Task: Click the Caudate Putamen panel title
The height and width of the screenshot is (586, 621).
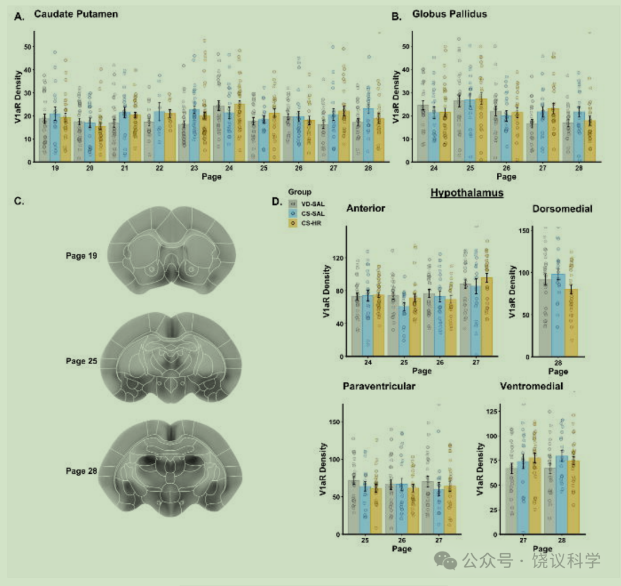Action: pyautogui.click(x=76, y=14)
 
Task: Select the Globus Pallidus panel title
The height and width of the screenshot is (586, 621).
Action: pyautogui.click(x=450, y=14)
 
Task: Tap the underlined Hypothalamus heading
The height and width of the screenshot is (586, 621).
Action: pyautogui.click(x=467, y=193)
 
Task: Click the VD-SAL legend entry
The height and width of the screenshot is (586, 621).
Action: pyautogui.click(x=306, y=204)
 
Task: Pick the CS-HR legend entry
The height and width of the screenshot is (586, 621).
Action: pyautogui.click(x=305, y=223)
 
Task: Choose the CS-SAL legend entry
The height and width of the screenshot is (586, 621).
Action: pyautogui.click(x=306, y=213)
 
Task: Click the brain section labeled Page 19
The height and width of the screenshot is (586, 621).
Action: pyautogui.click(x=171, y=250)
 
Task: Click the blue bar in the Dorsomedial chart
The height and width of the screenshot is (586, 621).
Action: pyautogui.click(x=558, y=315)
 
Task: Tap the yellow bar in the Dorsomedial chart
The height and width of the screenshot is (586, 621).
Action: pyautogui.click(x=571, y=323)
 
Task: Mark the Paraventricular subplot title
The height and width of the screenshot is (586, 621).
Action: pyautogui.click(x=379, y=386)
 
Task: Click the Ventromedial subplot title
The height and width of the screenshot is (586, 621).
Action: pyautogui.click(x=531, y=386)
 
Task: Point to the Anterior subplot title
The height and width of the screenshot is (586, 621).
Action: pyautogui.click(x=366, y=208)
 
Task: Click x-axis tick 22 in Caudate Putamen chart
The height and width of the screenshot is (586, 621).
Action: pyautogui.click(x=159, y=168)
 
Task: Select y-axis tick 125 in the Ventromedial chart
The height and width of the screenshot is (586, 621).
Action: pyautogui.click(x=492, y=411)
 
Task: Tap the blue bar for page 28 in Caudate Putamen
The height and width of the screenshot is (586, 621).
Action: pyautogui.click(x=369, y=135)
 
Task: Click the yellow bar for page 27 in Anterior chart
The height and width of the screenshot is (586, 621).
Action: pyautogui.click(x=487, y=316)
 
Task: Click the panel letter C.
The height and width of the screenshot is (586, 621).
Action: pyautogui.click(x=18, y=201)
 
